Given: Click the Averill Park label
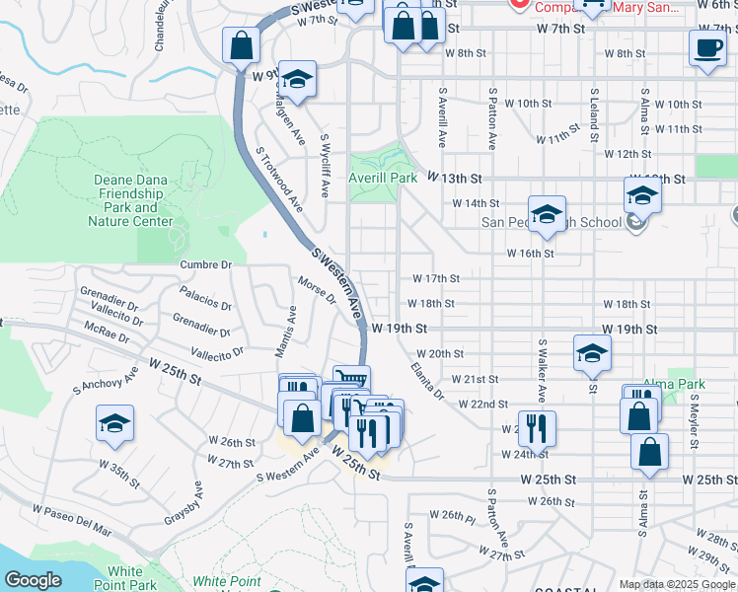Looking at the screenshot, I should (383, 178).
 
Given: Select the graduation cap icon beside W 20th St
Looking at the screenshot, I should (592, 354).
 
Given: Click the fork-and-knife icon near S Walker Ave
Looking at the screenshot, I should (538, 427).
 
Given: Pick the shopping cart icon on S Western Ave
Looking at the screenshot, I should (352, 380).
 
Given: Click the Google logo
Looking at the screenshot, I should (33, 580).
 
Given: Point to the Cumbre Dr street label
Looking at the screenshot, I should (205, 264).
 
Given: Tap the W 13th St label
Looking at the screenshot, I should (454, 178).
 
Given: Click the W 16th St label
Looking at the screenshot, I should (530, 254).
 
